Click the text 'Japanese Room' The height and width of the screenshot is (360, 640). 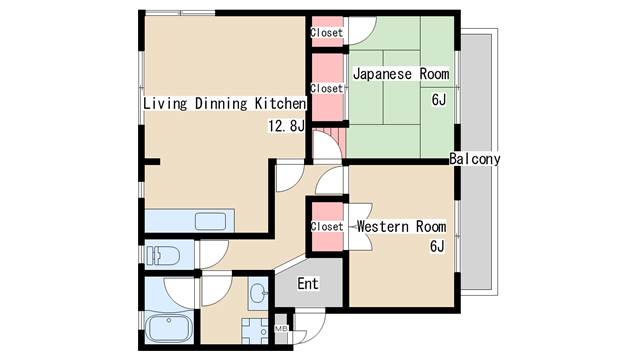point(400,74)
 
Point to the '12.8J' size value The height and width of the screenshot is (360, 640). point(285,126)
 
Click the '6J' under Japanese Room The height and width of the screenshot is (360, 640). point(438,99)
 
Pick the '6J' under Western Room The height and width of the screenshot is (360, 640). point(437,247)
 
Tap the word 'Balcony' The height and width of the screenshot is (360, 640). point(474,159)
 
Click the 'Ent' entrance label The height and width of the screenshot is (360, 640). point(308,284)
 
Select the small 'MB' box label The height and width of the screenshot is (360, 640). point(281,328)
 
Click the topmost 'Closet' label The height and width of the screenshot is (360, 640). point(326,33)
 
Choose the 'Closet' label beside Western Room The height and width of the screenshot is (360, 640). point(326,226)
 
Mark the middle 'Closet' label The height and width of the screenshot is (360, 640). point(326,88)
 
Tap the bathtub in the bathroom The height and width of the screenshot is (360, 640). point(169,328)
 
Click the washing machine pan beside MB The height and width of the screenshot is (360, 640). point(256,330)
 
